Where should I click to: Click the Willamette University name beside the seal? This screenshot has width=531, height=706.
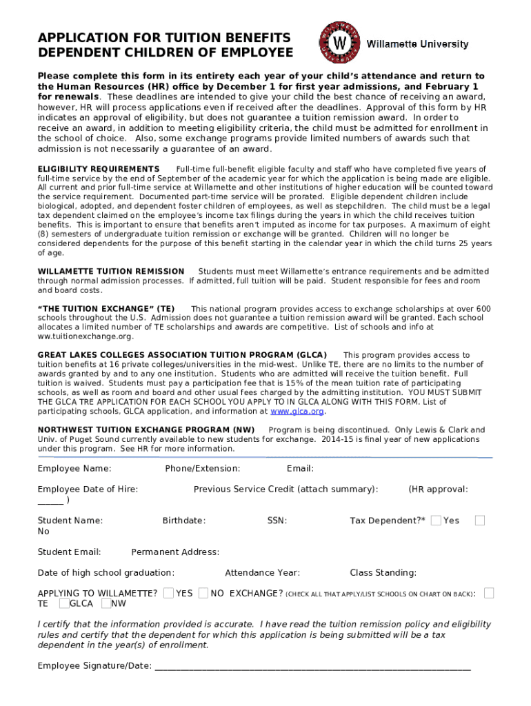click(417, 44)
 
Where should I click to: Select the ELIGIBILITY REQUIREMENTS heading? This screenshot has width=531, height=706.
click(99, 169)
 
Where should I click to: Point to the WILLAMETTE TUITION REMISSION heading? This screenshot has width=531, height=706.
click(111, 272)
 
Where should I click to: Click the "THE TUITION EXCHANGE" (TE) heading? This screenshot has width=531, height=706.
click(106, 308)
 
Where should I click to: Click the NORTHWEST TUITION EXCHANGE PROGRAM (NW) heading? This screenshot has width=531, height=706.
click(146, 430)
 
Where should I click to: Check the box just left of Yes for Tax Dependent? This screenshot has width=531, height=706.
click(436, 521)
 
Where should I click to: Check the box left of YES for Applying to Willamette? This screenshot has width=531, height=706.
click(168, 593)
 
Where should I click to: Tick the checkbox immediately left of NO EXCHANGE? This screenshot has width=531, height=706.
click(203, 593)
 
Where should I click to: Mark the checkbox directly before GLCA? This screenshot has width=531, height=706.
click(63, 604)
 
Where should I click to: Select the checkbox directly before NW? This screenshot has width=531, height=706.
click(106, 604)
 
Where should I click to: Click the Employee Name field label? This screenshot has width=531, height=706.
click(74, 469)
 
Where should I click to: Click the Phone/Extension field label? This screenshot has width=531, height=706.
click(203, 469)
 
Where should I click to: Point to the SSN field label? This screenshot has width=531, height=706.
click(277, 521)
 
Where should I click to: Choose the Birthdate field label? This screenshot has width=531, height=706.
click(184, 521)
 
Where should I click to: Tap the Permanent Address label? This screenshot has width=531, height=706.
click(175, 552)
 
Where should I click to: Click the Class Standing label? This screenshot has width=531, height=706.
click(383, 572)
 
